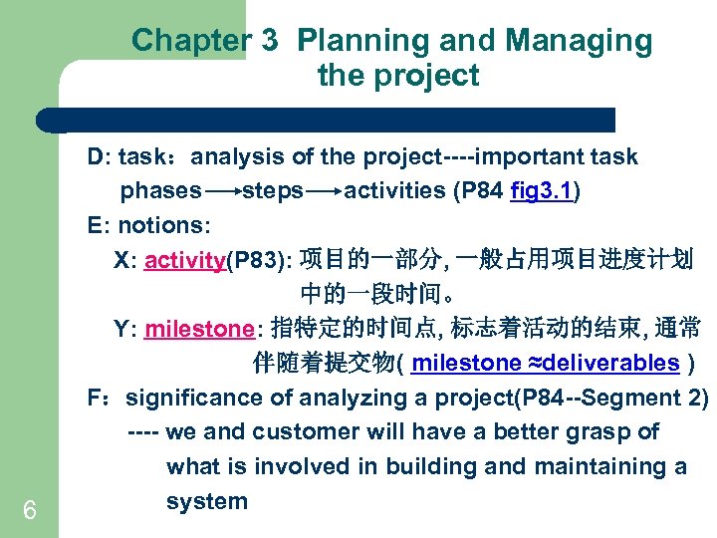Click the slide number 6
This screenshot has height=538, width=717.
point(30,511)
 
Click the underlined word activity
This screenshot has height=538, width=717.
point(185,261)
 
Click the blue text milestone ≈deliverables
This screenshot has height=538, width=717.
point(545,364)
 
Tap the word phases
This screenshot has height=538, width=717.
point(160,191)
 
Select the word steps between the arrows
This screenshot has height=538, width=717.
point(273,191)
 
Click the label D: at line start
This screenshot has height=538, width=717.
point(99,157)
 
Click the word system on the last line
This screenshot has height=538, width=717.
point(206,501)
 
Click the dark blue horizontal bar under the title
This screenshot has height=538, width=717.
point(329,121)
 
